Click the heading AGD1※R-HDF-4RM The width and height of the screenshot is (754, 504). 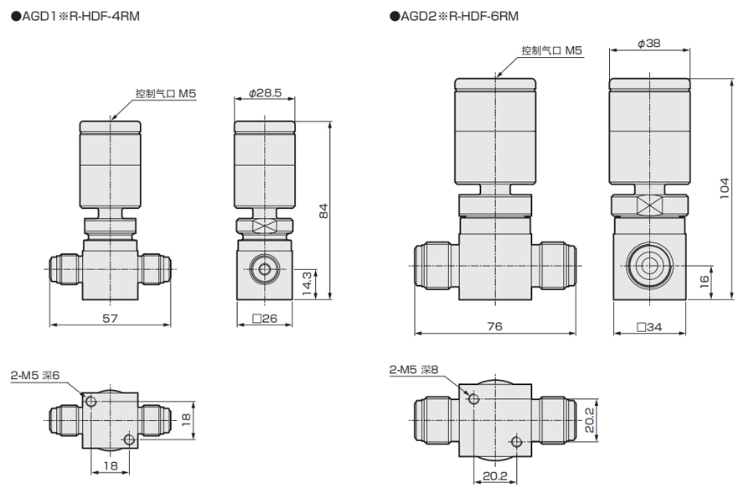coord(75,17)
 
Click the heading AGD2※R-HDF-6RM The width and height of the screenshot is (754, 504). coord(454,17)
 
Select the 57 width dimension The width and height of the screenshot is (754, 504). coord(110,318)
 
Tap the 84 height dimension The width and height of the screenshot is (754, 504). coord(323,210)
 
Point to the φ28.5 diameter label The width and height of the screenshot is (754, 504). coord(265,92)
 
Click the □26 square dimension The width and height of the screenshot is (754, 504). coord(265,318)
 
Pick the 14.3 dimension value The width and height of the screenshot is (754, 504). coord(307,283)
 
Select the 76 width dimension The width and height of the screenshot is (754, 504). coord(495,326)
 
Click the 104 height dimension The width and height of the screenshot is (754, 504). coord(725,188)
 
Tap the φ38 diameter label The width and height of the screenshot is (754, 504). coord(649,44)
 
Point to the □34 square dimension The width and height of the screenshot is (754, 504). coord(649,327)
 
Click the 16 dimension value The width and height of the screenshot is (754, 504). coord(705,281)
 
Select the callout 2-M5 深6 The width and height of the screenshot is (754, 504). coord(35,376)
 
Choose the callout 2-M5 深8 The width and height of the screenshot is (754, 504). coord(414,370)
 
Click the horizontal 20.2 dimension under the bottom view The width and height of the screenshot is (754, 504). coord(495,476)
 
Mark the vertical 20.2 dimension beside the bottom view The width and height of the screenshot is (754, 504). coord(590,420)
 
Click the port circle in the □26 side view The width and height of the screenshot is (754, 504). coord(265,268)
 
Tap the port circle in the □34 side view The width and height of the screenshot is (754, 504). coord(649,266)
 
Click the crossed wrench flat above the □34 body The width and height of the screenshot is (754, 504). coord(649,205)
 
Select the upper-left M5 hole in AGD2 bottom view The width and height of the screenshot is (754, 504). coord(473,398)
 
